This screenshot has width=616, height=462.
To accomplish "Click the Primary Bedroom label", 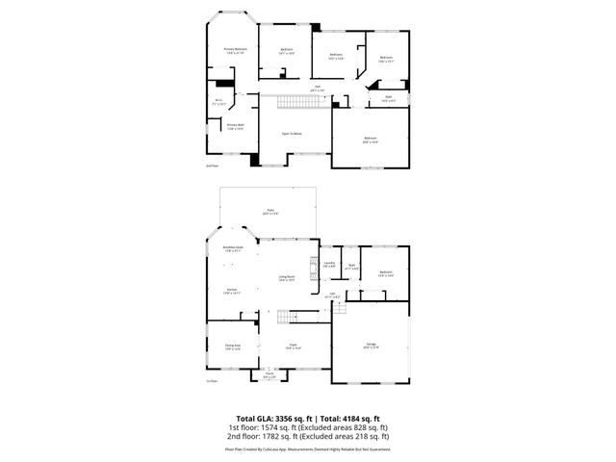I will [x=236, y=49].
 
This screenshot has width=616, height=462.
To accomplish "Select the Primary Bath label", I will [x=236, y=125].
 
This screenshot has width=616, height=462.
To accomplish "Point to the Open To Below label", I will [x=293, y=134].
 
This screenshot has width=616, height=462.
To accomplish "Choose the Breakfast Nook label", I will [x=232, y=248].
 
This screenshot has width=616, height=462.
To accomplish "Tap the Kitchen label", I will [x=232, y=290].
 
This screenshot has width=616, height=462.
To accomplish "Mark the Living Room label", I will [x=287, y=278].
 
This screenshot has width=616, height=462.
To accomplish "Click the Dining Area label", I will [x=232, y=345].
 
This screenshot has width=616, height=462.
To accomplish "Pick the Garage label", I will [x=371, y=344].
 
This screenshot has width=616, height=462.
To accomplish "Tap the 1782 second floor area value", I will [x=265, y=436].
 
